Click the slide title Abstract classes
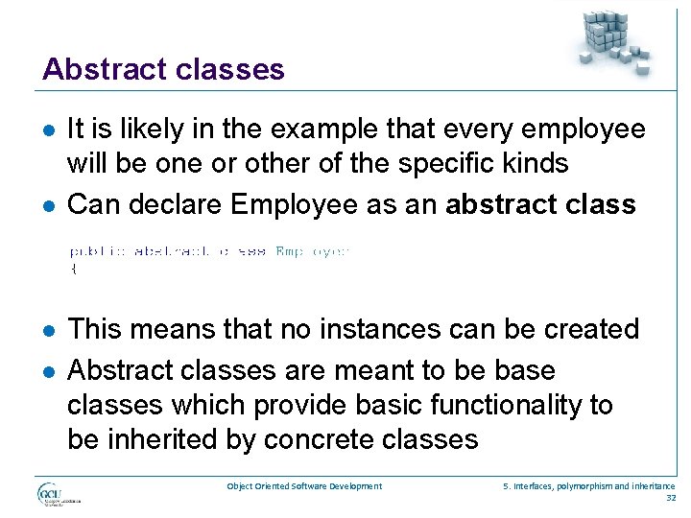[163, 69]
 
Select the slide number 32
[670, 498]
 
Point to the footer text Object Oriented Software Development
[304, 486]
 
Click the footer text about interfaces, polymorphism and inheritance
[589, 486]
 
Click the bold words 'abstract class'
[541, 204]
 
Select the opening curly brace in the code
[73, 269]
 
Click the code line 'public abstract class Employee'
[209, 251]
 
